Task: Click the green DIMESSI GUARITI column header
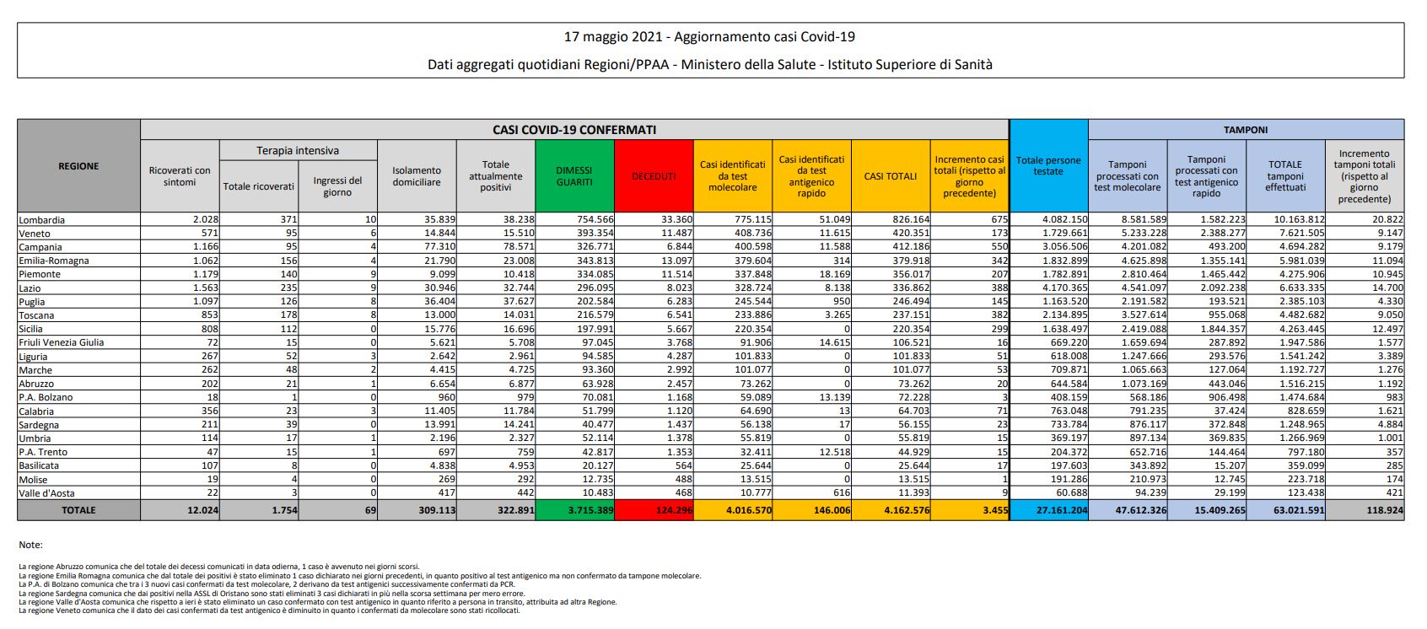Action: (x=573, y=176)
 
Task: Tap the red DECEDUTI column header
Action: (x=654, y=176)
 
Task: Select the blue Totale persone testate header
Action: (x=1048, y=165)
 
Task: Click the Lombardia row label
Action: (x=41, y=220)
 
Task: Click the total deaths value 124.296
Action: (x=672, y=510)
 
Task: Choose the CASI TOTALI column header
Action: (x=890, y=176)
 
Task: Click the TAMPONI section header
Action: (x=1246, y=130)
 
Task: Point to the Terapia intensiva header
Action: (x=298, y=151)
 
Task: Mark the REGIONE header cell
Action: (x=78, y=166)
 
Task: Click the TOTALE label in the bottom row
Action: (x=78, y=510)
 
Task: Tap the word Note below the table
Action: (x=30, y=546)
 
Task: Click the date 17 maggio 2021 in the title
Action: (x=613, y=37)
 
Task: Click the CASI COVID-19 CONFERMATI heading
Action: (x=574, y=130)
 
